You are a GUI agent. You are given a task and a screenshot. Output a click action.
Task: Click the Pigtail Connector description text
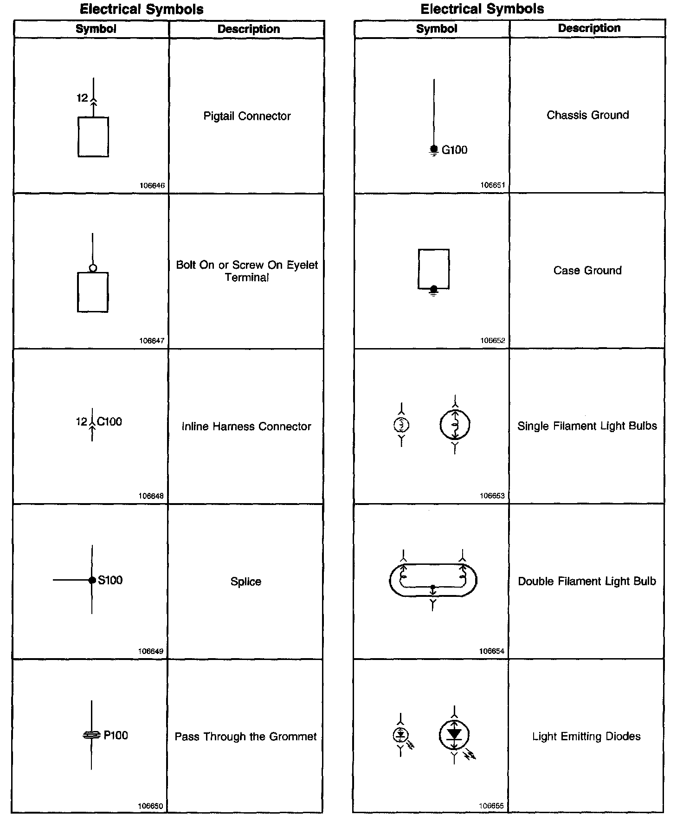[247, 116]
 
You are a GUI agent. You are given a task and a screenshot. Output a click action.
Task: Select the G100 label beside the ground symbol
[454, 150]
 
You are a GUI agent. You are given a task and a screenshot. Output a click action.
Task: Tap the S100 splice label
[110, 580]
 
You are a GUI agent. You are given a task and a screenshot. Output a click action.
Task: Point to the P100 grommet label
[116, 735]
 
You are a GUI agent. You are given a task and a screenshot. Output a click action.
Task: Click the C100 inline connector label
[110, 421]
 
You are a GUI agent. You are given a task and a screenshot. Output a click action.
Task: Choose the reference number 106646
[152, 186]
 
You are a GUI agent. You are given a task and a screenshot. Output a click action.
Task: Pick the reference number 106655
[491, 806]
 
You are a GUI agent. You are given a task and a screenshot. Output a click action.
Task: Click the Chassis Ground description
[587, 115]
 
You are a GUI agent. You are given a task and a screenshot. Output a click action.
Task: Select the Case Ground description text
[587, 271]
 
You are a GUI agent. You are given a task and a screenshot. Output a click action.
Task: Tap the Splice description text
[246, 582]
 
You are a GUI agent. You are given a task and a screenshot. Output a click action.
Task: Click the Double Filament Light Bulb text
[587, 581]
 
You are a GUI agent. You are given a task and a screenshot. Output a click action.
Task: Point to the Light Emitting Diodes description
[586, 736]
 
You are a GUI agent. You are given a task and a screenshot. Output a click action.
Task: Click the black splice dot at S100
[92, 580]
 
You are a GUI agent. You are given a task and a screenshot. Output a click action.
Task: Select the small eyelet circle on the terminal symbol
[93, 268]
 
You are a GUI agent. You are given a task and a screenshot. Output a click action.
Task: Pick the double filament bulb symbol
[433, 580]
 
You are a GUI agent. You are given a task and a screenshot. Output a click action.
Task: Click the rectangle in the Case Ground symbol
[433, 268]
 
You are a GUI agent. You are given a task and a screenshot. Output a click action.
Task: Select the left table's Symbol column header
[96, 29]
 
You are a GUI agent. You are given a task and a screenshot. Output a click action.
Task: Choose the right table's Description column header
[589, 28]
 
